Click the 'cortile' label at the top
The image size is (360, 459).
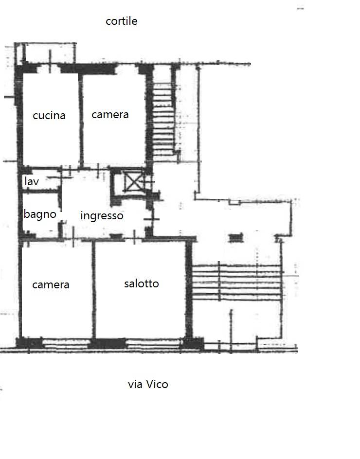click(122, 21)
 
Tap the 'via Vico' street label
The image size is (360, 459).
click(148, 384)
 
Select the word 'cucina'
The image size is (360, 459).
click(49, 115)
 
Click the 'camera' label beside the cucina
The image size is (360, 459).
click(110, 114)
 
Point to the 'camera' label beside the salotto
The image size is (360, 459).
click(51, 284)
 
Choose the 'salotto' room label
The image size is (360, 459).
click(141, 283)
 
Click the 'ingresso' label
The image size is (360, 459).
click(102, 215)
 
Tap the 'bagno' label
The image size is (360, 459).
click(40, 214)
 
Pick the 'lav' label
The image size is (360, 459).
click(32, 181)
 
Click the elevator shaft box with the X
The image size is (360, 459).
click(132, 182)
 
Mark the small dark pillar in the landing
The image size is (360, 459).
click(236, 237)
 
